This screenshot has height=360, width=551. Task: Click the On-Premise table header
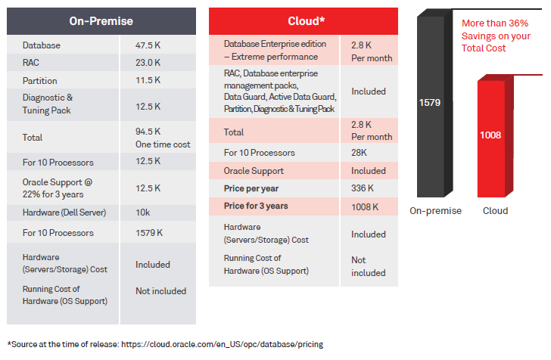[101, 20]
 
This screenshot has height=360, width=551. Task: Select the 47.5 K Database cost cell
[148, 45]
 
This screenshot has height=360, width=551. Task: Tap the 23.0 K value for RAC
[148, 63]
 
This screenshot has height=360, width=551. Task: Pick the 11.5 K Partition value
[148, 81]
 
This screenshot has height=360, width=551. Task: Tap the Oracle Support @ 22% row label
[58, 188]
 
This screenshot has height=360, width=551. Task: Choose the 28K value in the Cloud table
[360, 153]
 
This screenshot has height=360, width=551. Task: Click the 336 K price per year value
[365, 188]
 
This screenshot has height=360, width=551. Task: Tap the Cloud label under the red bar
[496, 211]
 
